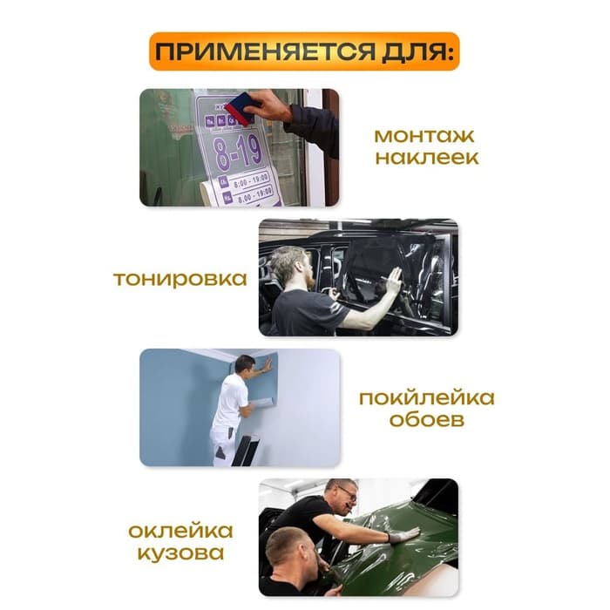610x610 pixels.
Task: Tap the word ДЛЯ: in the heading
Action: coord(417,52)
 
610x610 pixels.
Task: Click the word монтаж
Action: coord(426,137)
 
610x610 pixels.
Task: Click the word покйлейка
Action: coord(426,399)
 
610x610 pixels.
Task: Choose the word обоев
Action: coord(426,421)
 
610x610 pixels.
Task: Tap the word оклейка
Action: coord(180,531)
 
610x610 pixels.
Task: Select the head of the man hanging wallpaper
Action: coord(245,363)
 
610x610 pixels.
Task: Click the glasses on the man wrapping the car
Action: coord(347,493)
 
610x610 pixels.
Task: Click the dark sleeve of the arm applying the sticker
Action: coord(314,127)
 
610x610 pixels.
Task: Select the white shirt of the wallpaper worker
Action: coord(230,402)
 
